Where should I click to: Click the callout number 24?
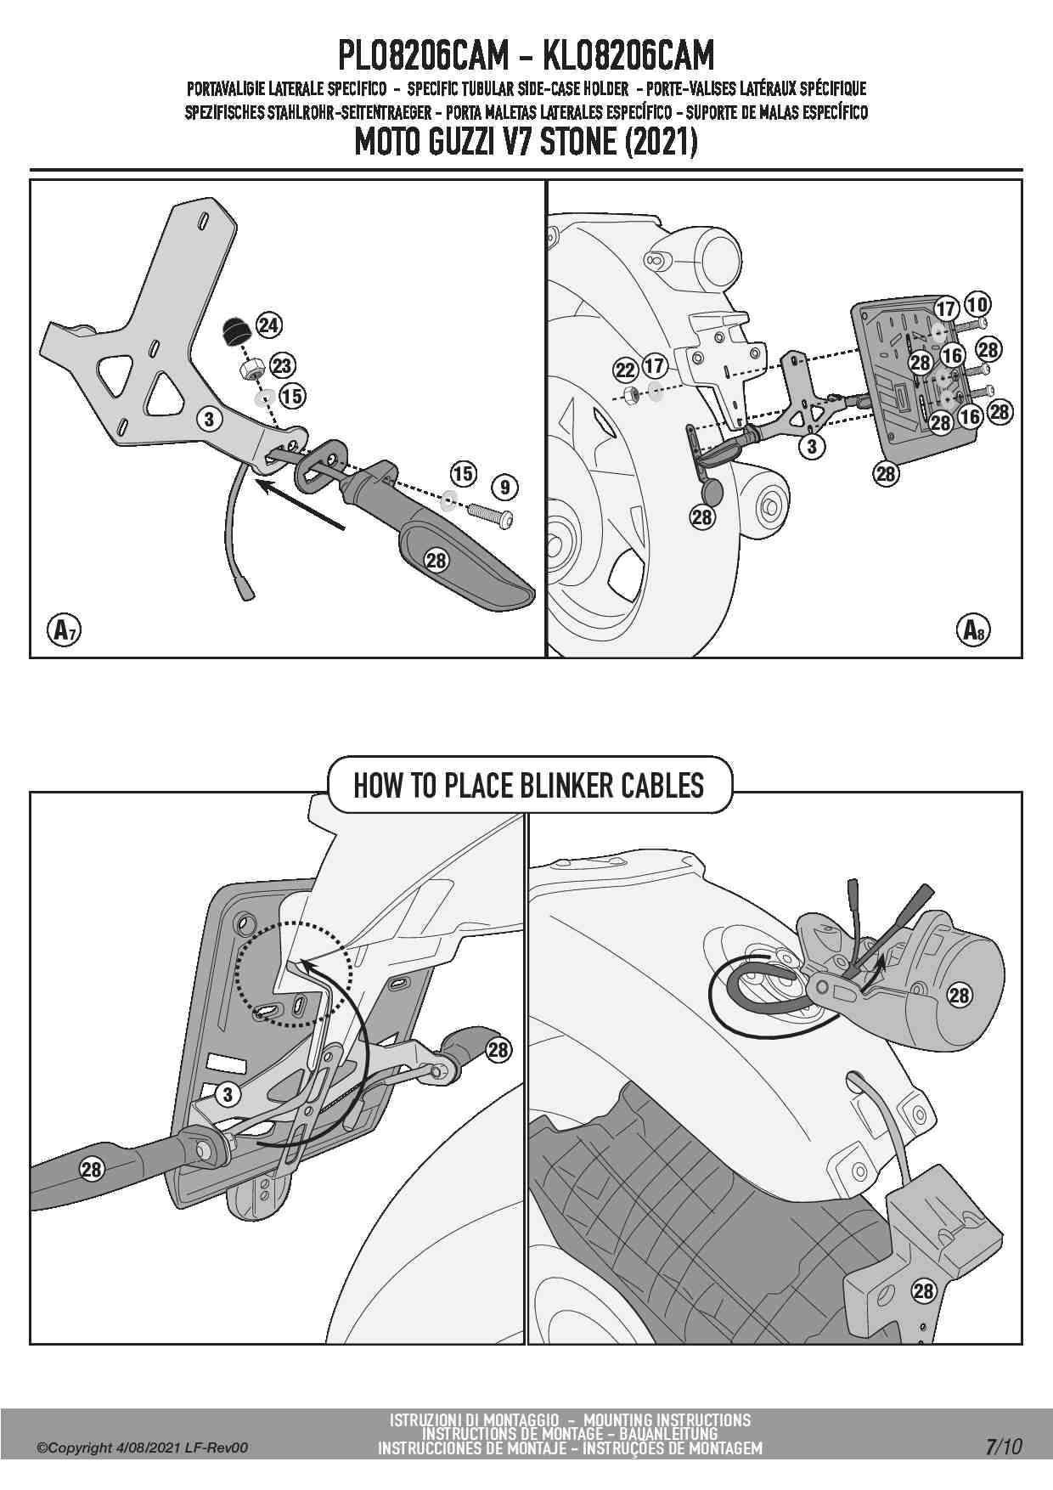point(269,325)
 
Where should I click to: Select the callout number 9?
point(504,487)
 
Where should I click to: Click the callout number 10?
point(977,303)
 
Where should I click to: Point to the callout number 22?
point(625,370)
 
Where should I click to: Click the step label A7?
point(62,629)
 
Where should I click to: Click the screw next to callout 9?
point(490,516)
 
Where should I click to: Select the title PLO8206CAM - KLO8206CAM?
point(526,57)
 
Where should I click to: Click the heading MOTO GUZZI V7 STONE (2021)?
point(526,142)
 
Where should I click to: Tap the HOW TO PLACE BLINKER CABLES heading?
point(528,785)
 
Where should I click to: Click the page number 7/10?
point(1005,1447)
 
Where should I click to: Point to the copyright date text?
point(143,1448)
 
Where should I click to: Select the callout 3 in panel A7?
point(209,418)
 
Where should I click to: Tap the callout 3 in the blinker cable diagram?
point(228,1094)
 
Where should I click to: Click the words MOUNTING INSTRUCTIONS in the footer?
point(667,1419)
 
